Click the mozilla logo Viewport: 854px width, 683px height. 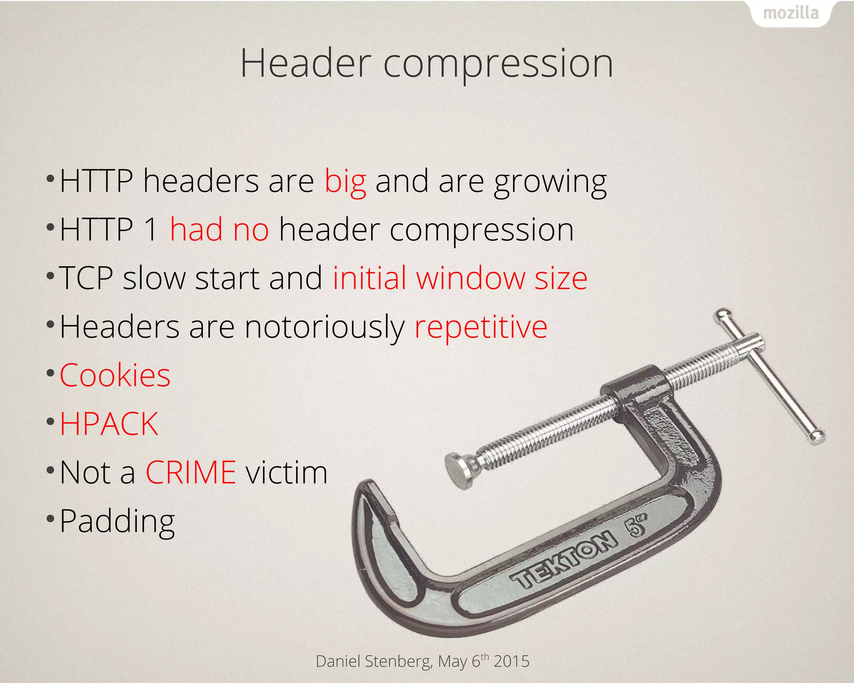[x=791, y=13]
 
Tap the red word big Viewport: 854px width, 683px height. [x=345, y=182]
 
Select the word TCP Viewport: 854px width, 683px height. [x=86, y=278]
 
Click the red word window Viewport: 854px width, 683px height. [x=470, y=278]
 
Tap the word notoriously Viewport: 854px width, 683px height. [x=324, y=327]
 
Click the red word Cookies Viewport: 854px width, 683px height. [x=115, y=375]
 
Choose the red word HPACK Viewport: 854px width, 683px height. [x=109, y=424]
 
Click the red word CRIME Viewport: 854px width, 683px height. [x=191, y=472]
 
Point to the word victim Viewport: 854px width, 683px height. [x=286, y=472]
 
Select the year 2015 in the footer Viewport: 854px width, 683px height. [x=511, y=661]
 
